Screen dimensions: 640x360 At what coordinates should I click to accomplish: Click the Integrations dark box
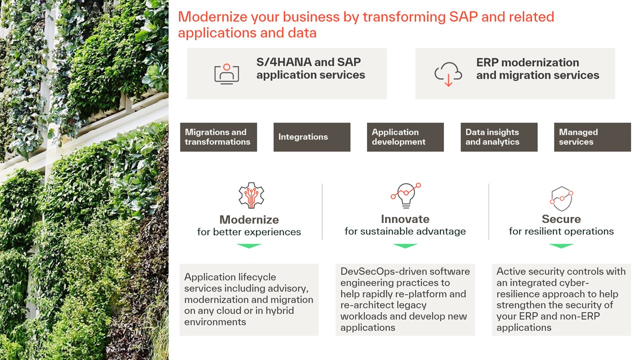[311, 137]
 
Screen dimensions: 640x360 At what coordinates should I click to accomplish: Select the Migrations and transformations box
[218, 137]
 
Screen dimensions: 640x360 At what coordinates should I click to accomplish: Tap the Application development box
[405, 137]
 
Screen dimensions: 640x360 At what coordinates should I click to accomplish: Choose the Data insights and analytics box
[499, 137]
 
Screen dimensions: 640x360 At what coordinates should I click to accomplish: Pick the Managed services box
[592, 137]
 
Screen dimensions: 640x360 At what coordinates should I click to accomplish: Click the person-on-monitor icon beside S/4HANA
[226, 74]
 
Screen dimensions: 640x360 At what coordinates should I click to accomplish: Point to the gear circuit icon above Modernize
[251, 195]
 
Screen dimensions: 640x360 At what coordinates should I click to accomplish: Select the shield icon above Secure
[561, 199]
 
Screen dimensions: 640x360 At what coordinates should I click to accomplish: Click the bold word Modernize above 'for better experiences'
[249, 219]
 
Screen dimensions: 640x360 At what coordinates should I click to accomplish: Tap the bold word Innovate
[405, 219]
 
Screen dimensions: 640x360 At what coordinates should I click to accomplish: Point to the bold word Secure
[561, 219]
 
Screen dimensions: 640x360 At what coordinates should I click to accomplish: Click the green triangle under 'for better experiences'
[249, 245]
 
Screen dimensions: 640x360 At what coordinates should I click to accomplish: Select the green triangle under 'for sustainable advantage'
[405, 245]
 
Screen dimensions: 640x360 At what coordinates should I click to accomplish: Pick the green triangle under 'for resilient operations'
[561, 245]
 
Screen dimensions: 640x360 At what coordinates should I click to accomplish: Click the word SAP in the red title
[463, 17]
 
